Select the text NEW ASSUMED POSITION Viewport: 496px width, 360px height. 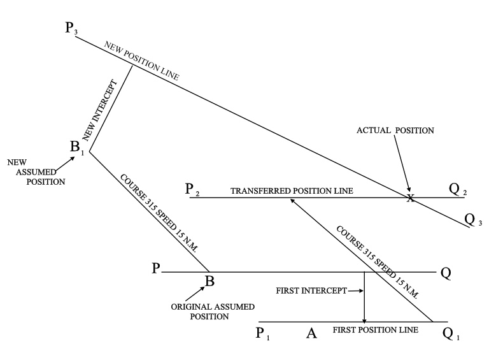click(26, 171)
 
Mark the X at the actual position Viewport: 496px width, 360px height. click(411, 198)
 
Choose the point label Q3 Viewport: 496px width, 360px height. click(472, 220)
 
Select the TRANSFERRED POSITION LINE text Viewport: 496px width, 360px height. click(292, 191)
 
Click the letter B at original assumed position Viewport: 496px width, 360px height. click(209, 281)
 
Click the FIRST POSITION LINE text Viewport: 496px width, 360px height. click(376, 329)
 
